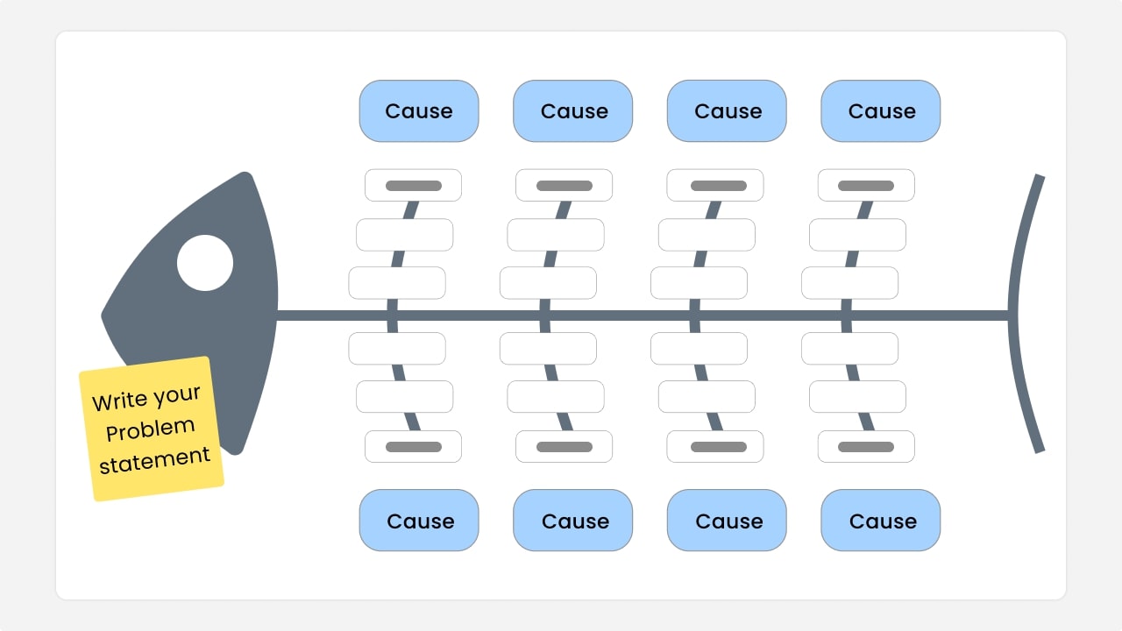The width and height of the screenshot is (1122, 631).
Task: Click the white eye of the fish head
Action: pos(205,263)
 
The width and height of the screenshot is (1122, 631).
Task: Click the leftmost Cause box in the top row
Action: pos(419,111)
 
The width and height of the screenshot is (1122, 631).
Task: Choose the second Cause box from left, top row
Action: pos(573,111)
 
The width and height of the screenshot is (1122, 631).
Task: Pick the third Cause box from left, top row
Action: pos(727,111)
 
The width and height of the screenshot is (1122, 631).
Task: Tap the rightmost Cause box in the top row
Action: pos(881,111)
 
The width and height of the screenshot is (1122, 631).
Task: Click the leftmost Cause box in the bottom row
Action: pos(419,521)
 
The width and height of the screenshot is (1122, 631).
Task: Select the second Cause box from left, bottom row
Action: pos(573,521)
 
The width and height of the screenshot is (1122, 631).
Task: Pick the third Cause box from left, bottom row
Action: pos(727,521)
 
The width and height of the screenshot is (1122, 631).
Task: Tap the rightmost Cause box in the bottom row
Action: pos(881,521)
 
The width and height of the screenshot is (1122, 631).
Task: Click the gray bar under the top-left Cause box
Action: pos(414,186)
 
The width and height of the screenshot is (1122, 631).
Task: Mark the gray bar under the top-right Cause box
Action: pos(866,186)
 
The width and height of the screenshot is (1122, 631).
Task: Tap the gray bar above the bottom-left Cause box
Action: pos(414,447)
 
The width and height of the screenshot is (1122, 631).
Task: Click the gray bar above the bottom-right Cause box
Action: pos(866,447)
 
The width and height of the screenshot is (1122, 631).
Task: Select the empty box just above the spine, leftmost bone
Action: pos(397,283)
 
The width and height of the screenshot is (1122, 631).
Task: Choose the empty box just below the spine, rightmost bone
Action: pos(850,348)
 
